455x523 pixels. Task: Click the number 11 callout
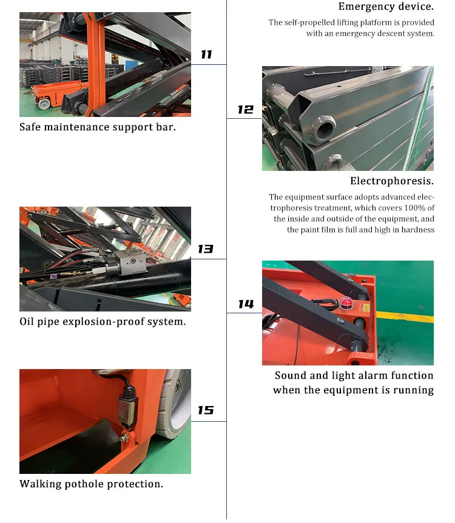206,55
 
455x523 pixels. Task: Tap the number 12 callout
245,110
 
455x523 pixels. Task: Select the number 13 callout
205,249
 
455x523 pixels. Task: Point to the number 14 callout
246,304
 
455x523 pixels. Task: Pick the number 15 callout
205,410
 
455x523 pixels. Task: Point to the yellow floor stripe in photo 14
405,316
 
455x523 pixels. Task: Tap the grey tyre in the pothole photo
174,403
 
